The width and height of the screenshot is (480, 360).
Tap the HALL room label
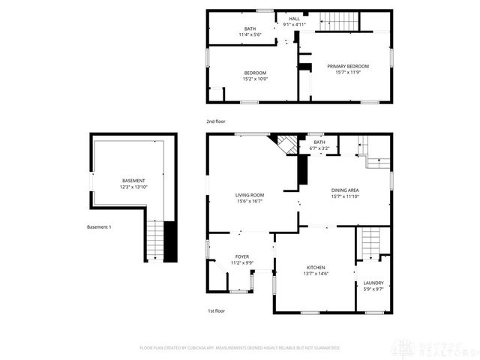pyautogui.click(x=294, y=18)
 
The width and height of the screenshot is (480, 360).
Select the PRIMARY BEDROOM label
pyautogui.click(x=348, y=66)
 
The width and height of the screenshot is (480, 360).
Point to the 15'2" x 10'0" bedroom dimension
pyautogui.click(x=255, y=79)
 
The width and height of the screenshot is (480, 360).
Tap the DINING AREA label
pyautogui.click(x=345, y=190)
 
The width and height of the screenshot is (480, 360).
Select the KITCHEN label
pyautogui.click(x=315, y=267)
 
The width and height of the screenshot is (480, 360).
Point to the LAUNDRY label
pyautogui.click(x=373, y=283)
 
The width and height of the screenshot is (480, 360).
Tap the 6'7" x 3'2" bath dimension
pyautogui.click(x=319, y=148)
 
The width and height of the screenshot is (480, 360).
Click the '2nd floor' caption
pyautogui.click(x=216, y=121)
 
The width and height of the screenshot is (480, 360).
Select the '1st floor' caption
pyautogui.click(x=216, y=310)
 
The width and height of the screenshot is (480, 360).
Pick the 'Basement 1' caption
pyautogui.click(x=99, y=226)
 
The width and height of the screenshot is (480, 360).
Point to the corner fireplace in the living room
pyautogui.click(x=286, y=143)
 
